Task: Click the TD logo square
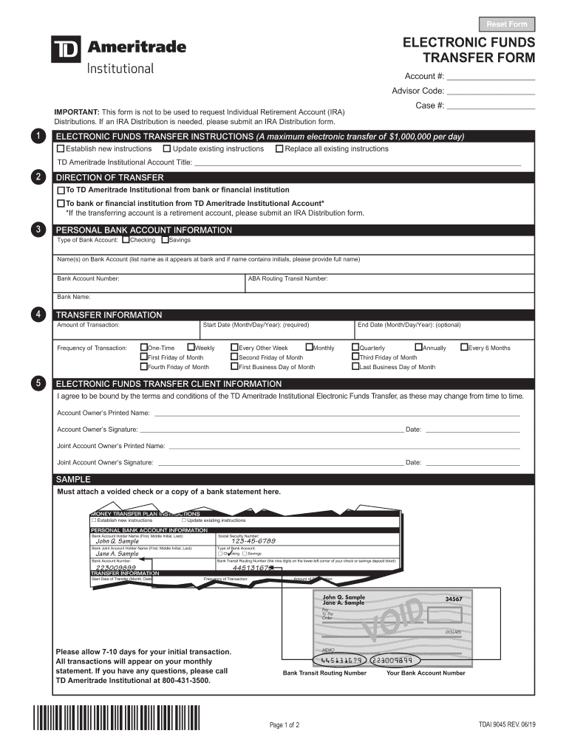coord(66,49)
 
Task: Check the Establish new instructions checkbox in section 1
coord(61,149)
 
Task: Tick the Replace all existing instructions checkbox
coord(279,149)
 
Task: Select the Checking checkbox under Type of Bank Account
coord(126,240)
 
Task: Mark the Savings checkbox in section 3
coord(165,240)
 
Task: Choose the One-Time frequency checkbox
coord(144,348)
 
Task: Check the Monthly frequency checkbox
coord(309,348)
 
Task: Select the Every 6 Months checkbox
coord(464,348)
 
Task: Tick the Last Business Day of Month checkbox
coord(355,367)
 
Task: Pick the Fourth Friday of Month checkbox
coord(144,367)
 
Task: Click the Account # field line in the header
coord(491,77)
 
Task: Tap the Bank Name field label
coord(74,298)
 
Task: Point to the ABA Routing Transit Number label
coord(288,279)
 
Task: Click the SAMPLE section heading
coord(74,479)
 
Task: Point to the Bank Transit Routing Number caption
coord(324,673)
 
